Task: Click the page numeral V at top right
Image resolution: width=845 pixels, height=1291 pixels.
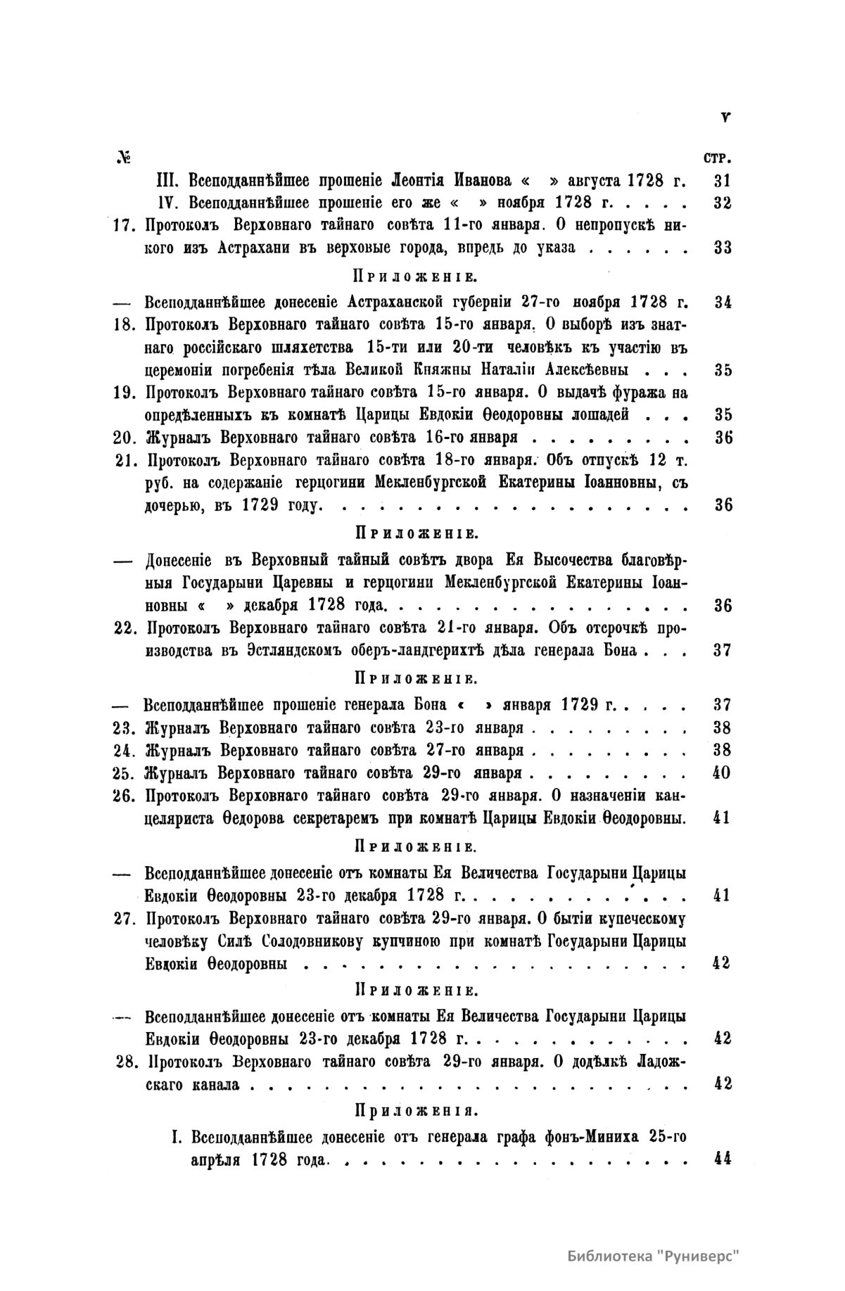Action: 725,118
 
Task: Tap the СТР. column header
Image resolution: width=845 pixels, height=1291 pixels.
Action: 716,157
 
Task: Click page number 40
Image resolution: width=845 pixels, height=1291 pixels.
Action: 722,772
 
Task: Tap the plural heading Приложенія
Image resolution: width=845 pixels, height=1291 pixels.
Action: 416,1111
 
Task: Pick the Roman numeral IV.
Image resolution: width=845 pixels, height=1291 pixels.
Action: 167,203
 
